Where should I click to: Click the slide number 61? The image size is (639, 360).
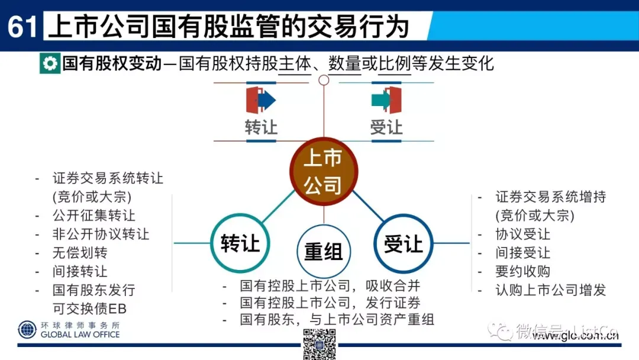(22, 27)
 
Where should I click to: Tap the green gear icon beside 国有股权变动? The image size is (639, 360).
(49, 63)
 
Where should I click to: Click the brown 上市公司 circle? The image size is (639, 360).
(323, 172)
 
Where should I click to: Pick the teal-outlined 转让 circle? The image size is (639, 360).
(240, 243)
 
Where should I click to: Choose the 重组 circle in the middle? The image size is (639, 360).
(323, 251)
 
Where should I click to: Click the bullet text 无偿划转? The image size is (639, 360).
(80, 253)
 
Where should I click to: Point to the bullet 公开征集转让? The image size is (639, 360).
(93, 216)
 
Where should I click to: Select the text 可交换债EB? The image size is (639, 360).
(89, 308)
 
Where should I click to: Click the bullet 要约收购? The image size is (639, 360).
(522, 272)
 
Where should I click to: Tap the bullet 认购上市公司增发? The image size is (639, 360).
(550, 290)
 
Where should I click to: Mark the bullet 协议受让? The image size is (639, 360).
(522, 234)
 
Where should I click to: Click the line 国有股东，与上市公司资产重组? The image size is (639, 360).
(337, 320)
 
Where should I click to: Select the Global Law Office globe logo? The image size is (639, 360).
(27, 330)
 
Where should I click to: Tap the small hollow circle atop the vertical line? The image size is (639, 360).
(324, 80)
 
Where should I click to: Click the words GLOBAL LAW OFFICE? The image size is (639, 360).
(80, 335)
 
